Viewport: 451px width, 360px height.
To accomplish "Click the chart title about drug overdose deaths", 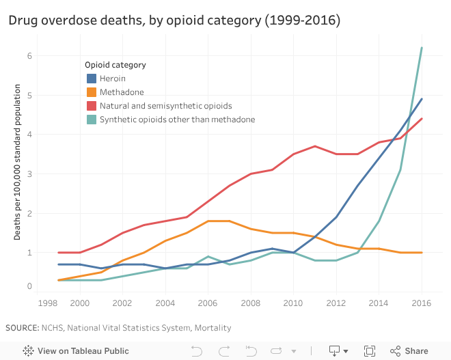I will pos(174,20).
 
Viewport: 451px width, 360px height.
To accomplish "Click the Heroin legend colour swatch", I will pos(91,79).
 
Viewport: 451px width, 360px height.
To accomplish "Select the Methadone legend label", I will pos(122,92).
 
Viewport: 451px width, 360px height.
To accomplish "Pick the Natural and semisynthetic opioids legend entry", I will pos(166,106).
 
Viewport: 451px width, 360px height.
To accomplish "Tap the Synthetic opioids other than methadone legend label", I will pos(177,120).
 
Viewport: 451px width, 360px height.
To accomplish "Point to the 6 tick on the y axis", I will pos(29,55).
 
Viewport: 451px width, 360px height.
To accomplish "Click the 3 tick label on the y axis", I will pos(29,174).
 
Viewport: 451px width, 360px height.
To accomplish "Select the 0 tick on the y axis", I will pos(29,286).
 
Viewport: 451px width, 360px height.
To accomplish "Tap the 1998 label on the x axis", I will pos(49,303).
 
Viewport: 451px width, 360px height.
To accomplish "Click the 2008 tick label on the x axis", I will pos(251,303).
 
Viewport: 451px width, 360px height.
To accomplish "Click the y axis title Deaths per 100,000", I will pos(18,163).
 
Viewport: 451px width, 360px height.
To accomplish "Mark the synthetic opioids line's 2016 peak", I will pos(422,48).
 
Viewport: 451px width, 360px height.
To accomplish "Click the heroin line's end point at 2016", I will pos(422,99).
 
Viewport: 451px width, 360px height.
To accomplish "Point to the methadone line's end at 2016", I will pos(422,253).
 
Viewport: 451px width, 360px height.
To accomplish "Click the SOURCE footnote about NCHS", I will pos(118,328).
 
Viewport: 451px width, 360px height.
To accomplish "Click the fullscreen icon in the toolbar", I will pos(370,350).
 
